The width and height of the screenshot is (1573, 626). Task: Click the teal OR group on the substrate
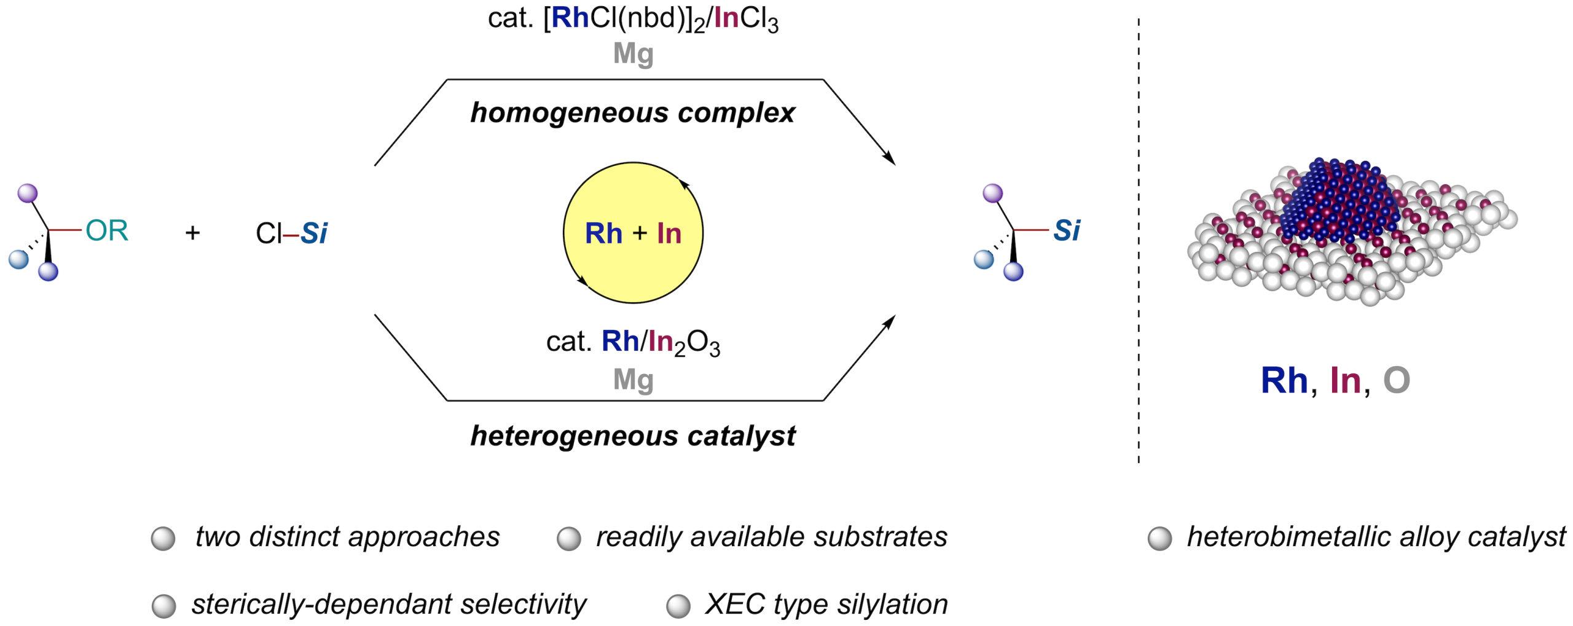point(107,230)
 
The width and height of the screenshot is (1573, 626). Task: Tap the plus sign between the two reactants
point(192,233)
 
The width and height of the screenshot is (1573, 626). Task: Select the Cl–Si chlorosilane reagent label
point(292,233)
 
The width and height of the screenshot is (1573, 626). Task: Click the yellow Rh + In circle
point(633,233)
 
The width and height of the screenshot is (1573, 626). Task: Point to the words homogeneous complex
point(633,113)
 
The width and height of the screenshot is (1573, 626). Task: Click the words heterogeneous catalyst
point(633,436)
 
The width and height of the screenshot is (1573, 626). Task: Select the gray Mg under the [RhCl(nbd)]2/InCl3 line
point(634,54)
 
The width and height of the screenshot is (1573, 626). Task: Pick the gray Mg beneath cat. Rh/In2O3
point(634,380)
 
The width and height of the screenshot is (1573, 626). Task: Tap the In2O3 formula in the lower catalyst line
point(684,343)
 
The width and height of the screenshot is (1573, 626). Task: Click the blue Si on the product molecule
point(1067,231)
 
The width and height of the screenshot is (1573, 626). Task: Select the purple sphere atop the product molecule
point(993,194)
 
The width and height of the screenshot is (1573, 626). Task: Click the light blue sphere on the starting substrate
point(18,259)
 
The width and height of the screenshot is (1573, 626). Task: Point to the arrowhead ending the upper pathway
point(890,158)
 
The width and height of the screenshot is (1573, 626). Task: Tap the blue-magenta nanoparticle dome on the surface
point(1340,200)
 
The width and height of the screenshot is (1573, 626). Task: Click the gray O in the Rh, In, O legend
point(1396,380)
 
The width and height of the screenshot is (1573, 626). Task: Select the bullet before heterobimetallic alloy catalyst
point(1159,539)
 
